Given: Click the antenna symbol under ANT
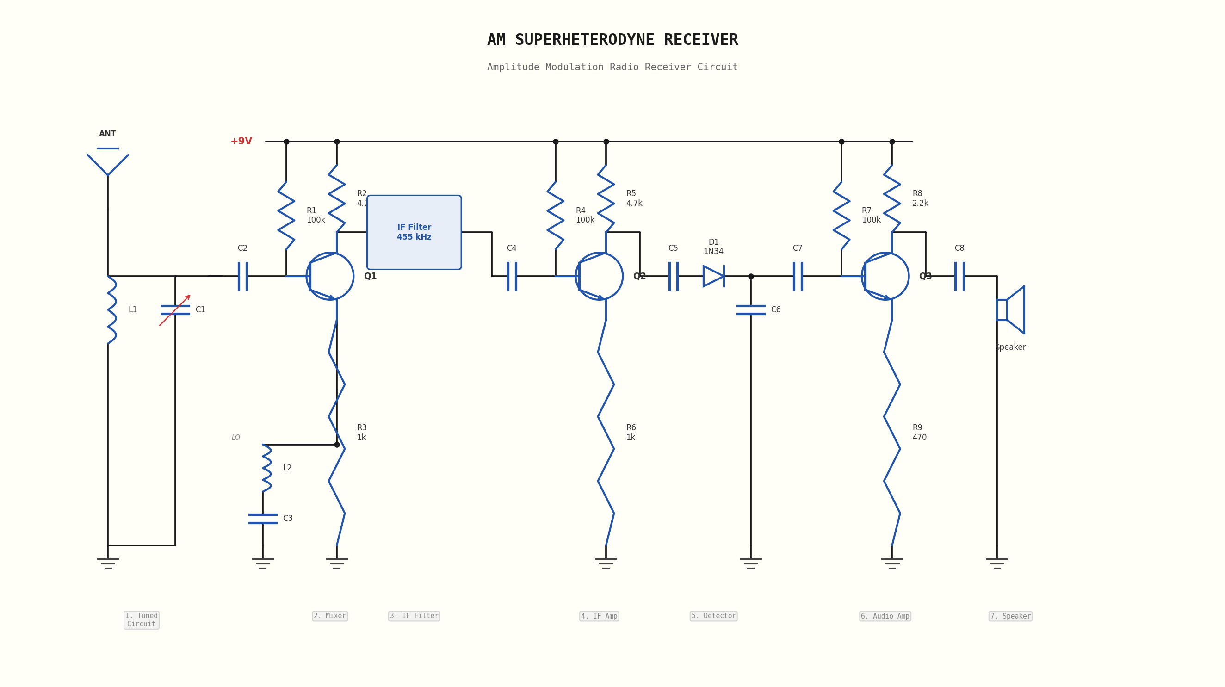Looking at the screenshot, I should (x=107, y=161).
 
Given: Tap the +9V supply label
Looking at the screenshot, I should (x=241, y=141).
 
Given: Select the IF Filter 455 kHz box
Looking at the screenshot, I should (x=414, y=232).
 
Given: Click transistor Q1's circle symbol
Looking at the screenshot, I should (x=329, y=276).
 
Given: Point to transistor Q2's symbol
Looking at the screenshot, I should (x=599, y=276).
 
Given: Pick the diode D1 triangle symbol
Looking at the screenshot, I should (x=713, y=276).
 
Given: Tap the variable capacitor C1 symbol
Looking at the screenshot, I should (x=175, y=310).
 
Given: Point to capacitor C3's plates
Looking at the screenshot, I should (x=262, y=519).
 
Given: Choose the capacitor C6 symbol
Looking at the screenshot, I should (x=750, y=310).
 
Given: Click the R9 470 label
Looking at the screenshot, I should (x=919, y=433).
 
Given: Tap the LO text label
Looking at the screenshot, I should (x=235, y=437).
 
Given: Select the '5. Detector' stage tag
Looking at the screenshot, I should (x=713, y=616).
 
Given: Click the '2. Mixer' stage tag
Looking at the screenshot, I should (x=329, y=616).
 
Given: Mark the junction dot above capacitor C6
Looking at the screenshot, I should (x=751, y=276).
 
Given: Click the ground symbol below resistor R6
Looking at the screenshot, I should (x=606, y=563).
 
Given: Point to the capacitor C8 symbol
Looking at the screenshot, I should (x=959, y=276).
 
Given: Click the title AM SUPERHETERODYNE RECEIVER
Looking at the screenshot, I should (x=612, y=40).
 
